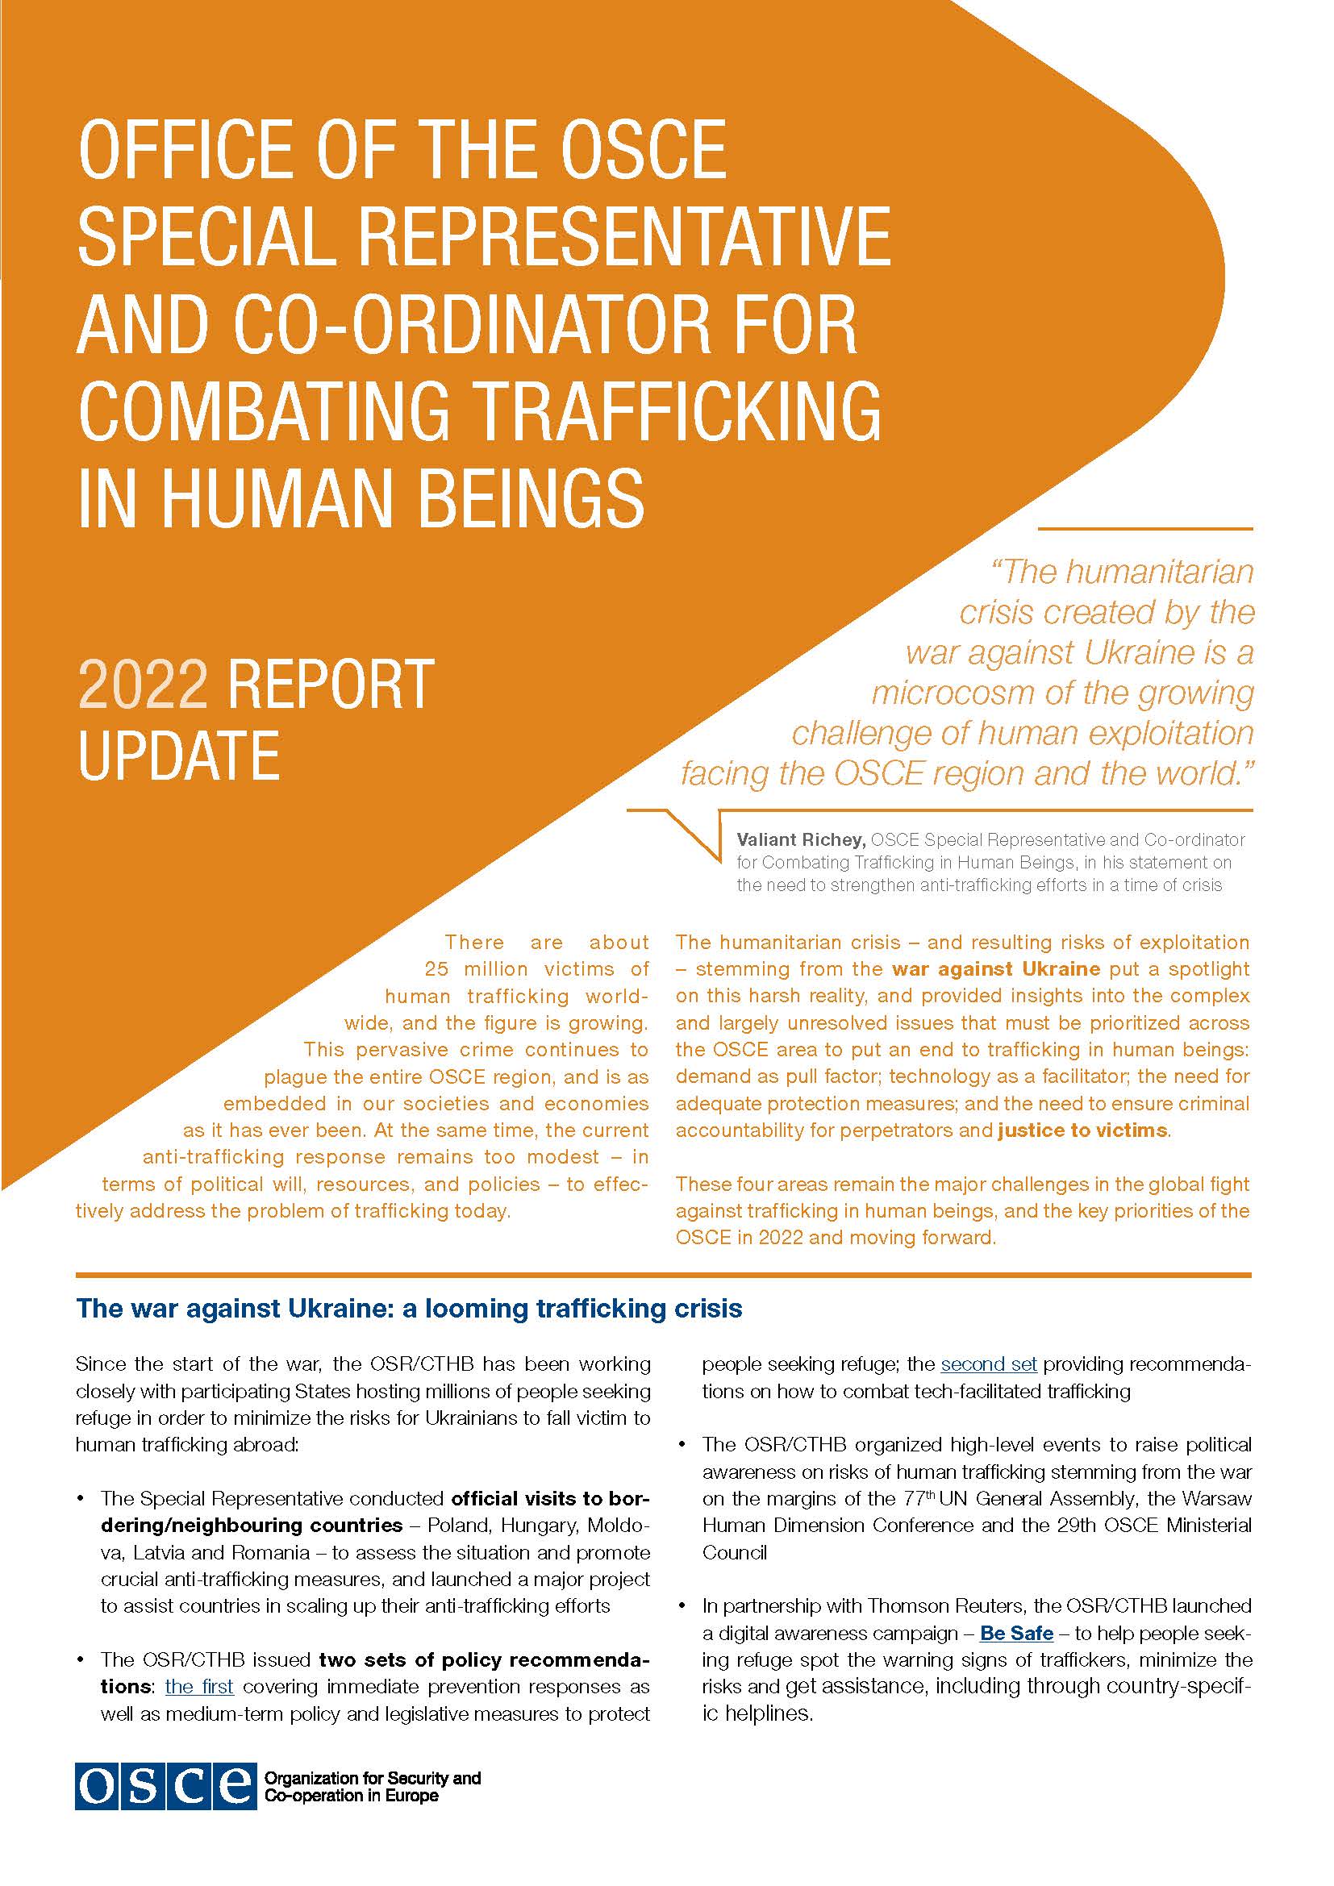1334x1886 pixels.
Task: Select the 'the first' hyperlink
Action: pyautogui.click(x=199, y=1687)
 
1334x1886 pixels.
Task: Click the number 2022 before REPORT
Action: pyautogui.click(x=142, y=685)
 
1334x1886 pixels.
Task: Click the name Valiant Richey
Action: pyautogui.click(x=800, y=839)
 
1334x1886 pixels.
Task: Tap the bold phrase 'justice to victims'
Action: pyautogui.click(x=1082, y=1130)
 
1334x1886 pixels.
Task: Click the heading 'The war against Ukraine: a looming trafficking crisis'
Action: pyautogui.click(x=408, y=1309)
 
